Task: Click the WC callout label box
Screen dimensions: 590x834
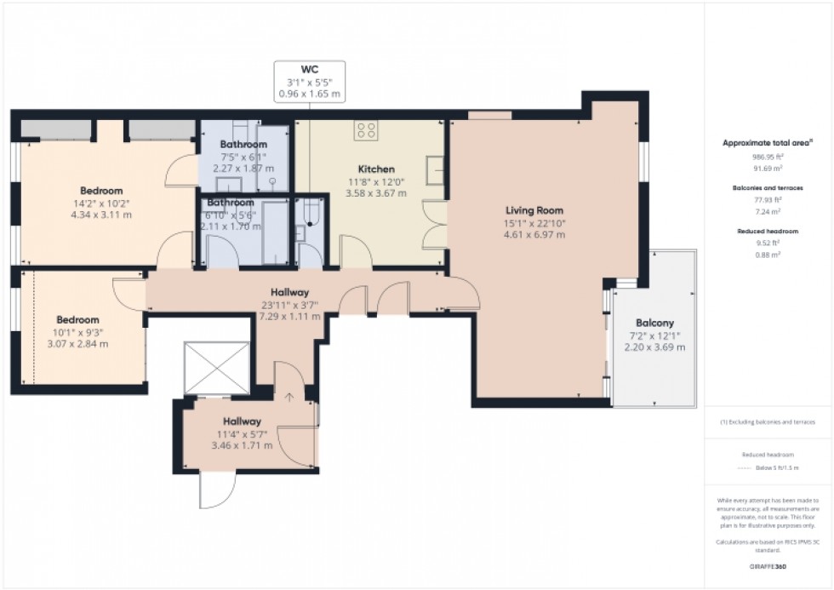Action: (309, 82)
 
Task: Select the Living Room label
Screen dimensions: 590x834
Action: (534, 210)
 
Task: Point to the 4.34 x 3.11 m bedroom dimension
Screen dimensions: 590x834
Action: (101, 215)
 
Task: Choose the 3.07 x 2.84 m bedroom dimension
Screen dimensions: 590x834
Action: (77, 344)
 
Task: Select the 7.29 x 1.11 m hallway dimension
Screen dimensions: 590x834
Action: (291, 316)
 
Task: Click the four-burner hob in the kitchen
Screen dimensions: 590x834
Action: (367, 130)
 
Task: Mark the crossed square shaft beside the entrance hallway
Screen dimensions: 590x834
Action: (217, 368)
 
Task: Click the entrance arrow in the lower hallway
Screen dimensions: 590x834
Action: (289, 397)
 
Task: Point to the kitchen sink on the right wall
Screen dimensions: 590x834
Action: (435, 172)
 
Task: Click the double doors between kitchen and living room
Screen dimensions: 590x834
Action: (436, 224)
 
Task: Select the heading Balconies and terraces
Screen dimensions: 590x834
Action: (768, 187)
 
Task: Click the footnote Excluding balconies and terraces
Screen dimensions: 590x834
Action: (768, 421)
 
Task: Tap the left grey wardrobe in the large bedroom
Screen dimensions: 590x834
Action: (55, 129)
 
